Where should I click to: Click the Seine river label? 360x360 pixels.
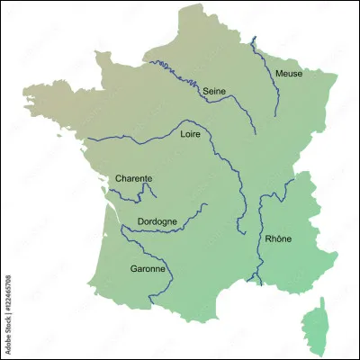(x=213, y=91)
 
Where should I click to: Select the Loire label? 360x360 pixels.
(x=191, y=134)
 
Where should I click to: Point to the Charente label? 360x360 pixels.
(x=133, y=178)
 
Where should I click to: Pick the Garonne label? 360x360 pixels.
(x=148, y=268)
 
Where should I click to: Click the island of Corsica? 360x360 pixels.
(x=314, y=328)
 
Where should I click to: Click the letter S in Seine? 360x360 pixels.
(x=205, y=91)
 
